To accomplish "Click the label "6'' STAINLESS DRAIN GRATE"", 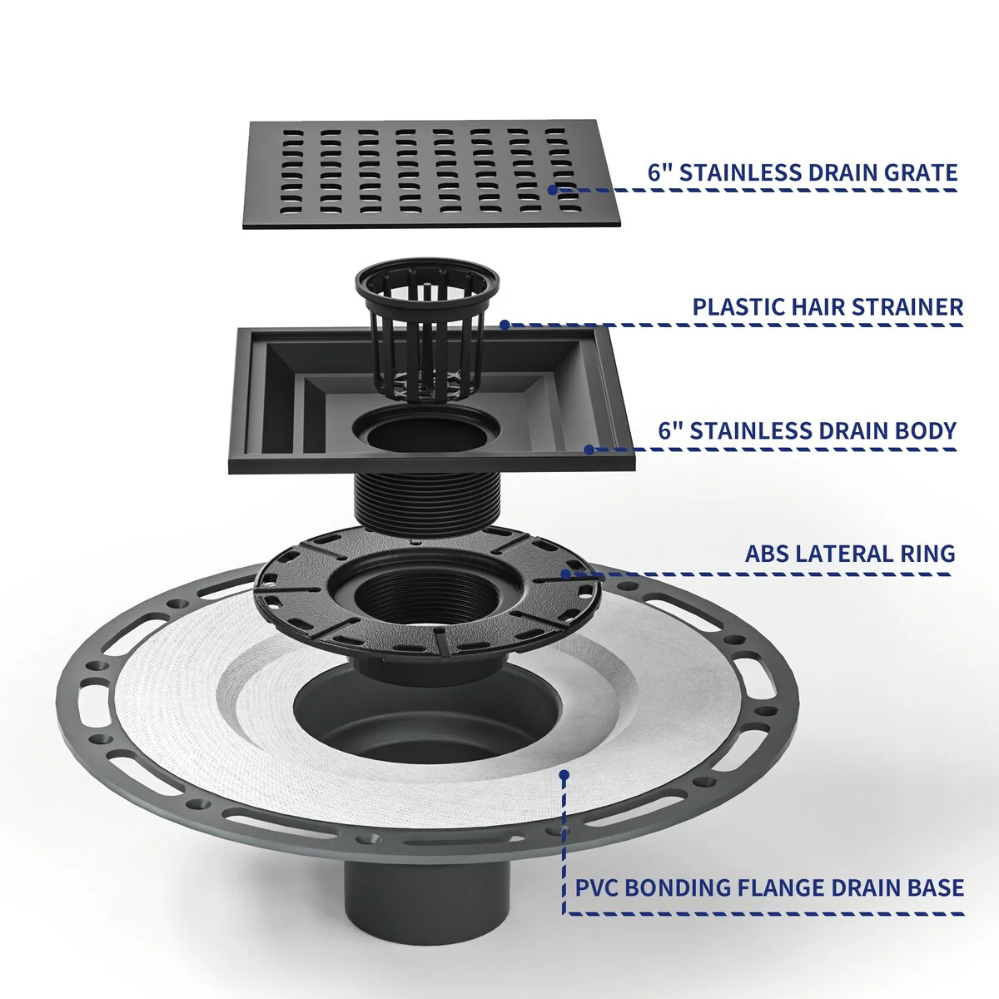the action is pyautogui.click(x=802, y=172).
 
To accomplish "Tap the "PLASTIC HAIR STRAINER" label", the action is pyautogui.click(x=828, y=307).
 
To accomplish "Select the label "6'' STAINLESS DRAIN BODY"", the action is pyautogui.click(x=808, y=430).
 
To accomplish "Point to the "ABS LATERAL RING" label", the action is pyautogui.click(x=850, y=554).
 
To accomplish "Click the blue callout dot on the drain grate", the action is pyautogui.click(x=553, y=190).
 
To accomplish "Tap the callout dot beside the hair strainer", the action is pyautogui.click(x=504, y=325).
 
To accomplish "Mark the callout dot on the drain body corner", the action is pyautogui.click(x=589, y=450).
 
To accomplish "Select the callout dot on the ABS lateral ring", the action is pyautogui.click(x=566, y=574).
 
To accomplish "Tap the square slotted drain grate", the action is pyautogui.click(x=431, y=174).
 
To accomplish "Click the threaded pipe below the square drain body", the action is pyautogui.click(x=426, y=501).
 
